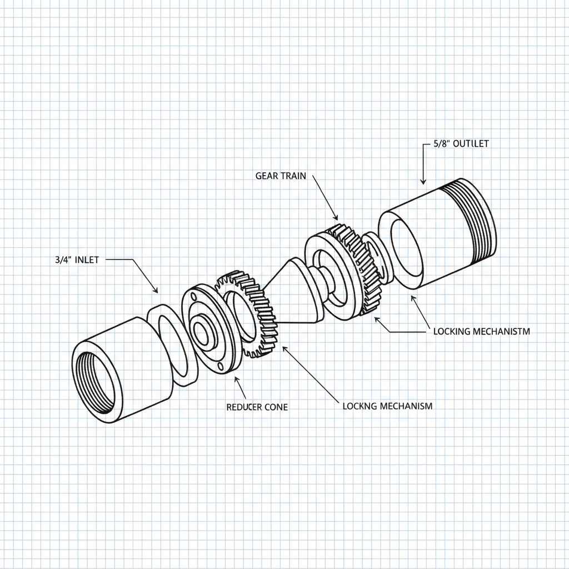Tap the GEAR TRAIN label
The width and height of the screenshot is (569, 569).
pyautogui.click(x=281, y=176)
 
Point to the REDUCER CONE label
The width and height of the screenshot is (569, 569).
pyautogui.click(x=257, y=407)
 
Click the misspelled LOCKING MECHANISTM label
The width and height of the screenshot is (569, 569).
pyautogui.click(x=481, y=331)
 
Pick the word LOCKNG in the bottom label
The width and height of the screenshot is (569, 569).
pyautogui.click(x=360, y=406)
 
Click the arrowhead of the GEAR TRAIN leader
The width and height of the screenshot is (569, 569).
pyautogui.click(x=336, y=217)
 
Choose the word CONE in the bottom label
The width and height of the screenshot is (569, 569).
pyautogui.click(x=276, y=407)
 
